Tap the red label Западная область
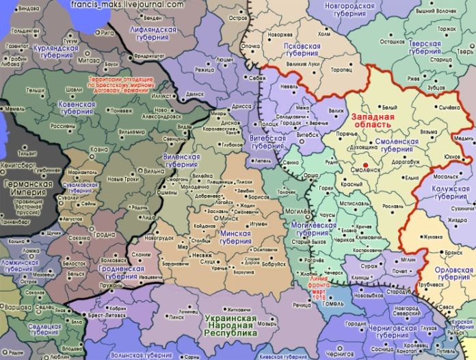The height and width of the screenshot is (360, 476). coord(372,121)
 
